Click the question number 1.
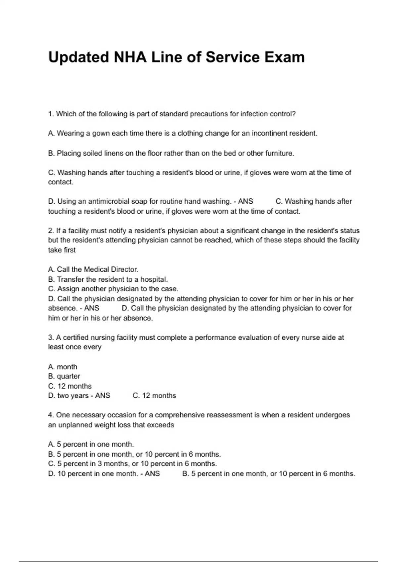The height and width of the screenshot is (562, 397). click(51, 114)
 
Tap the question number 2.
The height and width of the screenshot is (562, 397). click(51, 231)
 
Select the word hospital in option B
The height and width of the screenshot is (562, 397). click(154, 279)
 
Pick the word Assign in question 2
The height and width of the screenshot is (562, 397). click(68, 289)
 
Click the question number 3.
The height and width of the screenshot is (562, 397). click(51, 338)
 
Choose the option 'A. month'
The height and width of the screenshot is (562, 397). click(63, 367)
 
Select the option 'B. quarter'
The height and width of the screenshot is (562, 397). click(64, 376)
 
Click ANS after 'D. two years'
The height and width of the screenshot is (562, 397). click(103, 396)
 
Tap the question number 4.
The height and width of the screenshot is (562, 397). click(51, 415)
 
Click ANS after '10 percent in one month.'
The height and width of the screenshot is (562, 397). click(152, 474)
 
